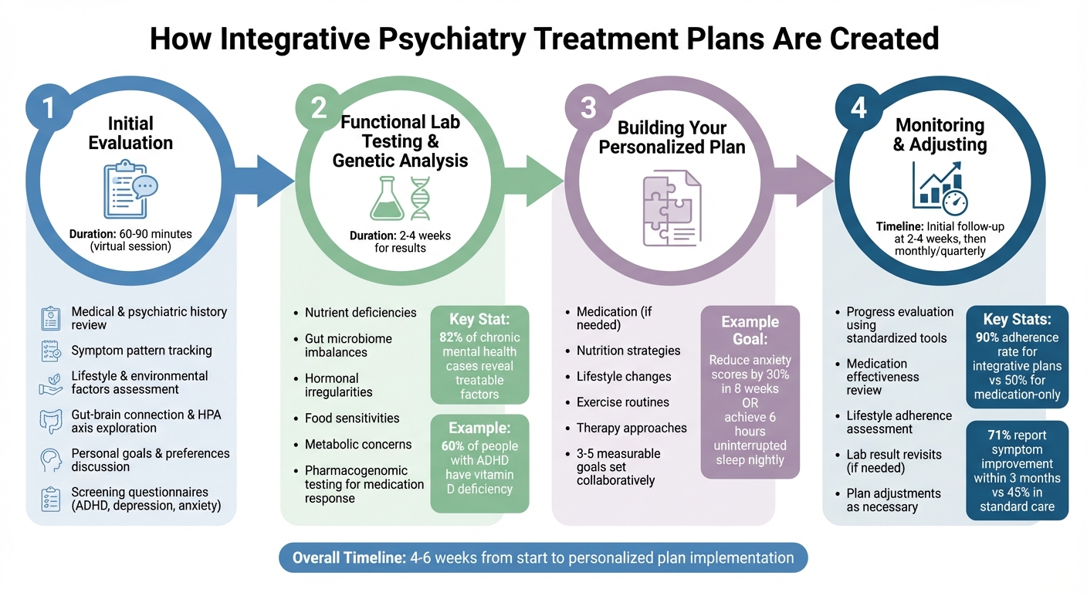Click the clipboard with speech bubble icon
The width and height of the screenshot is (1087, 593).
click(130, 188)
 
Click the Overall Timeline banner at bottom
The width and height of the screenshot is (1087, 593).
click(543, 557)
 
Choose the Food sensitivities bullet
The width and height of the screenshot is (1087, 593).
click(351, 418)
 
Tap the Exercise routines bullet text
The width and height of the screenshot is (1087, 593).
click(622, 402)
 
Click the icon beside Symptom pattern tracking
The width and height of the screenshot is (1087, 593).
click(50, 351)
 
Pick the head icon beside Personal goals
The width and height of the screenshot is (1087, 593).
click(50, 460)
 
